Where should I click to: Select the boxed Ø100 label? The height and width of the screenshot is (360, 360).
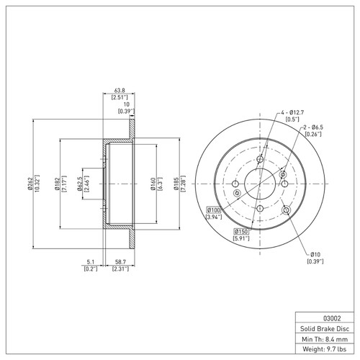pos(214,209)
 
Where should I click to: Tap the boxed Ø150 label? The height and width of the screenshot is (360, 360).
pos(243,230)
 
